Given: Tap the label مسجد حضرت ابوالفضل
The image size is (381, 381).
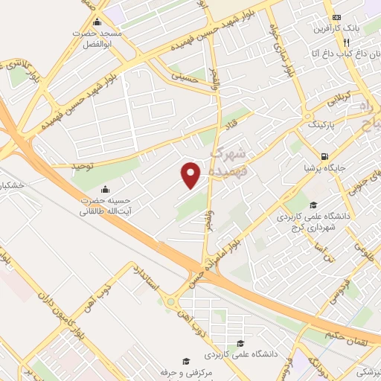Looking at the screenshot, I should [x=95, y=39].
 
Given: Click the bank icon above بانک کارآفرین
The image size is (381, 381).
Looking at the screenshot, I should [x=336, y=16].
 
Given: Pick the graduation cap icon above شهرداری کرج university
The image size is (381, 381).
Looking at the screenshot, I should [x=313, y=205].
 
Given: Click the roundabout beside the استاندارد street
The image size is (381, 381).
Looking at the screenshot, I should [x=173, y=302].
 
